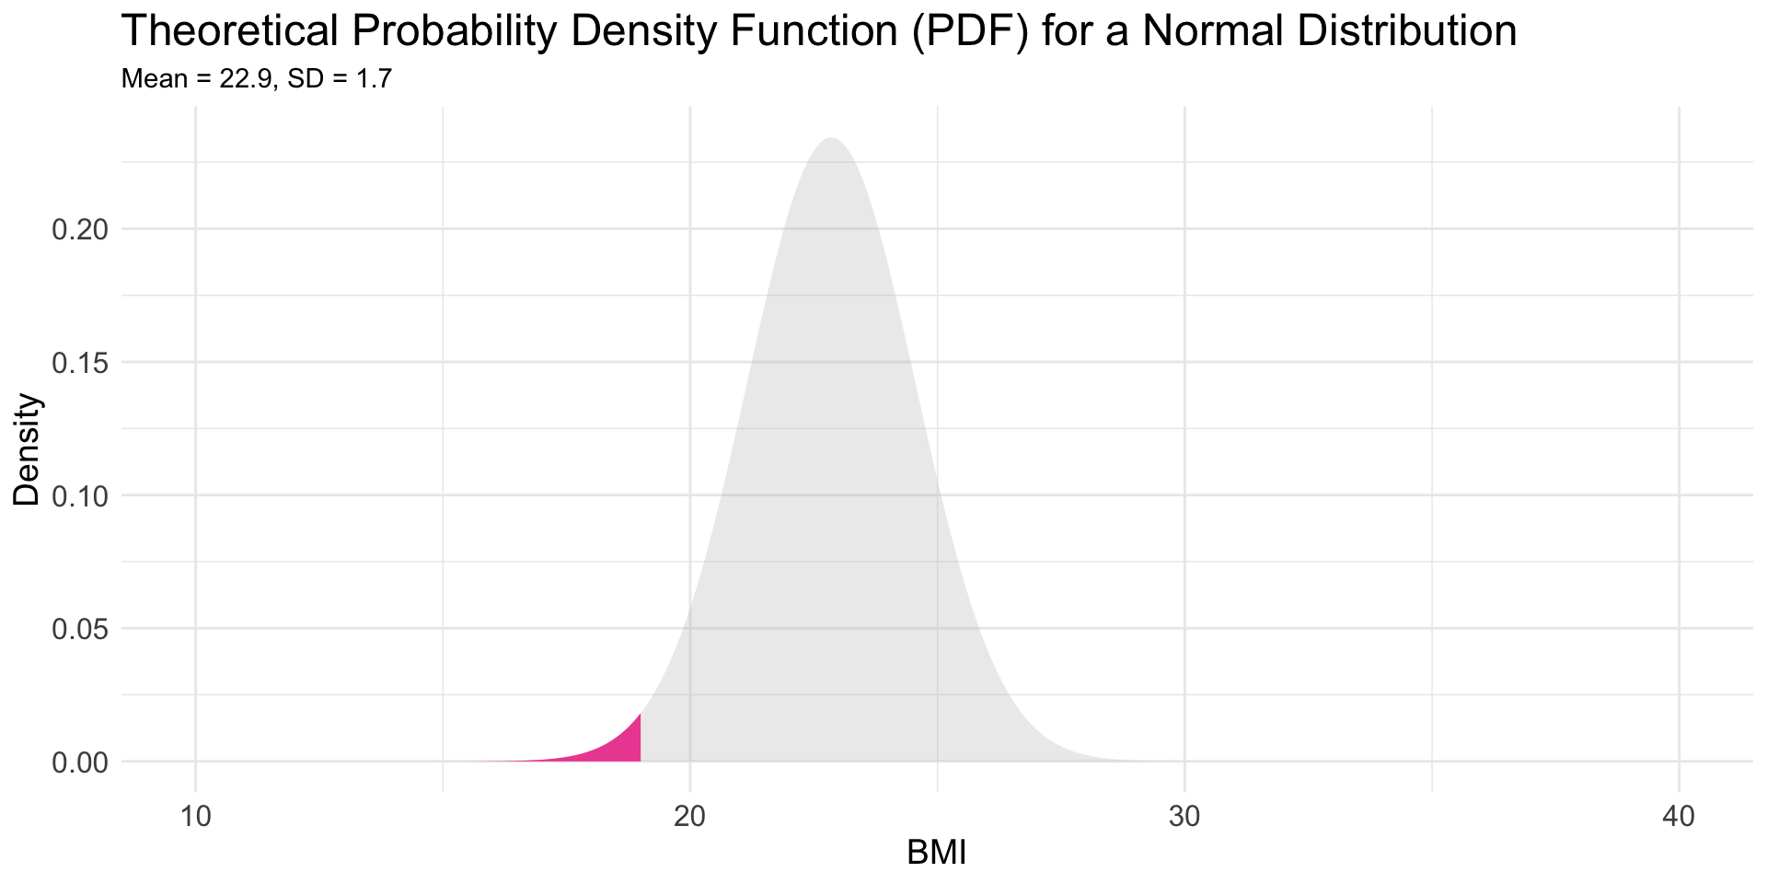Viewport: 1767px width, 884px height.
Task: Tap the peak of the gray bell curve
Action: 832,140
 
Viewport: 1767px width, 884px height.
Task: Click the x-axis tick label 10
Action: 195,817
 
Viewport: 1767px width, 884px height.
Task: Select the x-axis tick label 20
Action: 690,817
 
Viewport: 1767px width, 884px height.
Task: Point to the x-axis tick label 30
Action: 1184,817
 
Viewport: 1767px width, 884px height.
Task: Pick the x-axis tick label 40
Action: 1679,817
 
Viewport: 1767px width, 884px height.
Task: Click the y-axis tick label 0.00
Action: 81,762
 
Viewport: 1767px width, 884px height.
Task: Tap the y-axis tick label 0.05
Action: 81,629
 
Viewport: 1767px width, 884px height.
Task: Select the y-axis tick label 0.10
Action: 81,495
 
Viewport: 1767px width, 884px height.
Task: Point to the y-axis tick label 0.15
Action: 81,363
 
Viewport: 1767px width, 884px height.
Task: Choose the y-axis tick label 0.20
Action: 81,229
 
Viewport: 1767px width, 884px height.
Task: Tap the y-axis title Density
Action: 28,449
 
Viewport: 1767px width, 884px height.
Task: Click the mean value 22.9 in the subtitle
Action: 246,79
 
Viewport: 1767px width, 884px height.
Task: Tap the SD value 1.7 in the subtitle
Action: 374,79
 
